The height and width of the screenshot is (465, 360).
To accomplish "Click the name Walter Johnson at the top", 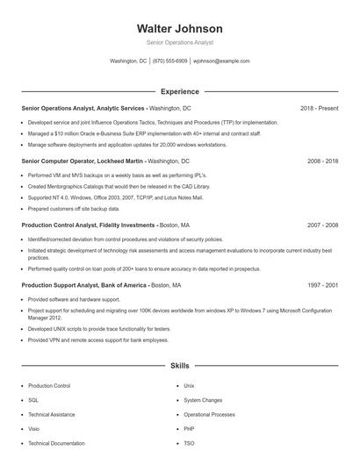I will point(179,29).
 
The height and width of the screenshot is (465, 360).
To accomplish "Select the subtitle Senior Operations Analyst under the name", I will point(179,42).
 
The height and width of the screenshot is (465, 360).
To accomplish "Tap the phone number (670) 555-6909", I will point(169,61).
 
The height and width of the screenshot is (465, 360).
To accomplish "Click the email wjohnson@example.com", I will point(221,61).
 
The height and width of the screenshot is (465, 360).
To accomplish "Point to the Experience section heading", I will point(179,91).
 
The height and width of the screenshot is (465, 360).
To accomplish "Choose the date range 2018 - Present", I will point(319,108).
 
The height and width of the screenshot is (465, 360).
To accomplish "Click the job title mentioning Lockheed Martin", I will point(104,162).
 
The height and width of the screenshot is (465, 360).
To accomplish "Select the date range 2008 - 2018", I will point(322,162).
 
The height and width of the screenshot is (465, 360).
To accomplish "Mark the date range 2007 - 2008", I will point(322,225).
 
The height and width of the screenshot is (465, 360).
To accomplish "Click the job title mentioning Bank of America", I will point(101,286).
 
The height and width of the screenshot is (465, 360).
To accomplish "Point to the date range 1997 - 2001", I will point(322,286).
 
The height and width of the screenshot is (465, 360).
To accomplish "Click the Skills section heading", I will point(179,364).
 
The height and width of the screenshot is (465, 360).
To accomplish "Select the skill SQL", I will point(33,400).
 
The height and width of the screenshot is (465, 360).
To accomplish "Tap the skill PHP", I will point(190,429).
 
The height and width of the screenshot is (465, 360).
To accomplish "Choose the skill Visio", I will point(34,429).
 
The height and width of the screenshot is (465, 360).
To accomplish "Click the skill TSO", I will point(190,444).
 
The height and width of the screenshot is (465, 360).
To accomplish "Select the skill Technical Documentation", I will point(56,444).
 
